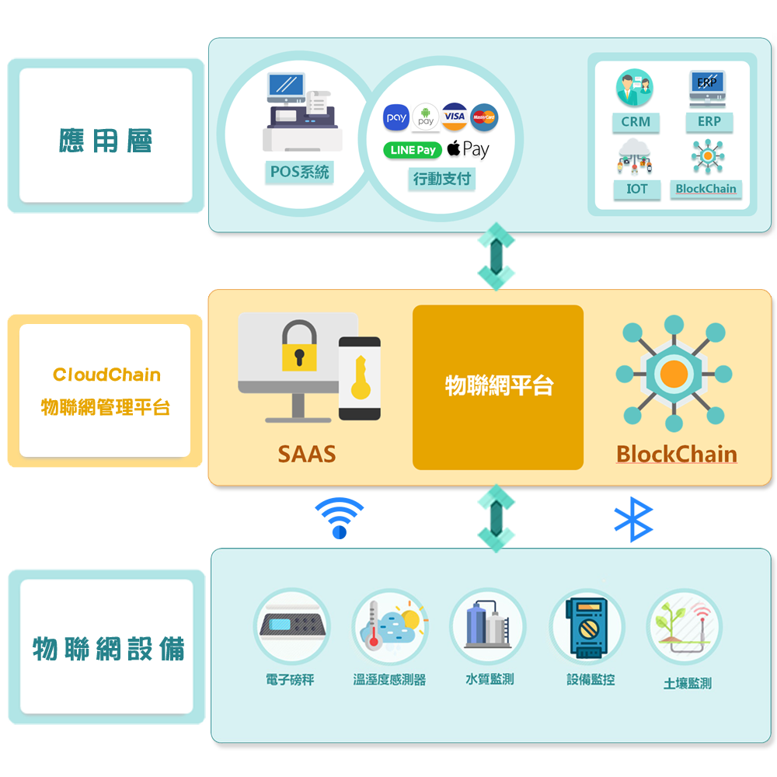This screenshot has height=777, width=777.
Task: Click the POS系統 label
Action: (x=299, y=172)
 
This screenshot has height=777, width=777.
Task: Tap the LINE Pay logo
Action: (x=413, y=150)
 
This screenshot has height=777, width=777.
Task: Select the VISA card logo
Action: (x=455, y=117)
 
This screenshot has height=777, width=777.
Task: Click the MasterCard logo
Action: (x=484, y=117)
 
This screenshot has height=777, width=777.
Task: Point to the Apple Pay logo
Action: (x=468, y=149)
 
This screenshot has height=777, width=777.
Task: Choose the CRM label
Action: (x=636, y=122)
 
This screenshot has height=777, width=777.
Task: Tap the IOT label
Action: (x=637, y=189)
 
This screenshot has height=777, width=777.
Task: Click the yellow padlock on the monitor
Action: (x=299, y=346)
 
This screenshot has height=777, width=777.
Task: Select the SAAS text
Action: (x=307, y=454)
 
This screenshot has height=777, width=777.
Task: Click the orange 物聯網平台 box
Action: (x=497, y=387)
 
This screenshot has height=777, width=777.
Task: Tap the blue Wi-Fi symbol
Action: (x=340, y=517)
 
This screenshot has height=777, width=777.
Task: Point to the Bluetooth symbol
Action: (x=634, y=519)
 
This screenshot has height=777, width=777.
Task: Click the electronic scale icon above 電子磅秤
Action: (x=292, y=626)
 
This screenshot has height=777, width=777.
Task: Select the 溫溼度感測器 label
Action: (x=389, y=679)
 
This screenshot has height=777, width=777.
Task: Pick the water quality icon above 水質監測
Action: (x=488, y=626)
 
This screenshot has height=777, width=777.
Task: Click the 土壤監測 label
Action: (x=688, y=683)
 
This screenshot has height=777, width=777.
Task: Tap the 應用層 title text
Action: (x=105, y=141)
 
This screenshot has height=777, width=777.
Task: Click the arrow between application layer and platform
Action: (x=496, y=256)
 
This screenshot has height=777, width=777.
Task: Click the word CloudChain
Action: (x=106, y=375)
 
